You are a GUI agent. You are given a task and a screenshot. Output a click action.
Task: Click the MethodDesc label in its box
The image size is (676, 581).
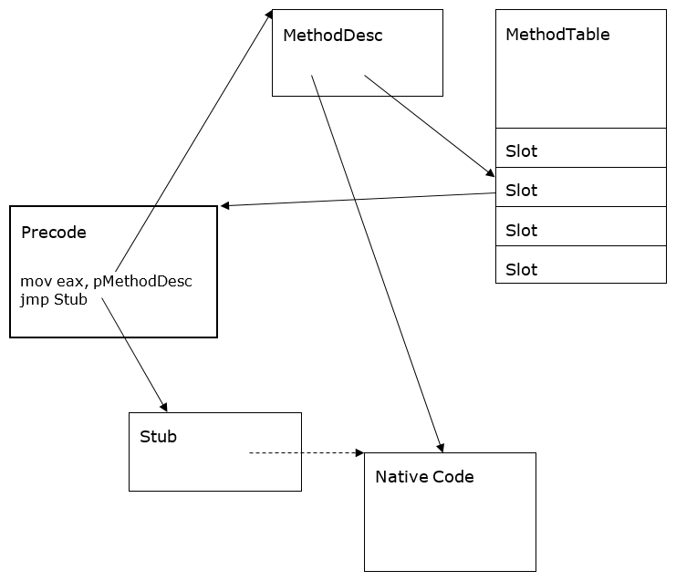pos(332,36)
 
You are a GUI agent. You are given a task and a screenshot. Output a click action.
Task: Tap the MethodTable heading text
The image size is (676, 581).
pos(557,35)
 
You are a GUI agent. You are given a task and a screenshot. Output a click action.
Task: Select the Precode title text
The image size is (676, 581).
pos(53,233)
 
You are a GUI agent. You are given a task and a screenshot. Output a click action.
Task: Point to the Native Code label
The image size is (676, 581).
pos(424,477)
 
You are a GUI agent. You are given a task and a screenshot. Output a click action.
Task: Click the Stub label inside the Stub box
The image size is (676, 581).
pos(158,437)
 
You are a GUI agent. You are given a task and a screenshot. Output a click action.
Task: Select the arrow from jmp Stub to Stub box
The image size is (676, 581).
pos(134,354)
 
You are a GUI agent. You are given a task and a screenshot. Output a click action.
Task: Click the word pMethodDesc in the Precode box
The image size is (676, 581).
pos(142,281)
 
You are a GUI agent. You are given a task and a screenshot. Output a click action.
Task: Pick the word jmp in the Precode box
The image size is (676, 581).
pos(35,299)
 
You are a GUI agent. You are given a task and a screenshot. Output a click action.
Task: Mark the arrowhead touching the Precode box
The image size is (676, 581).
pos(225,206)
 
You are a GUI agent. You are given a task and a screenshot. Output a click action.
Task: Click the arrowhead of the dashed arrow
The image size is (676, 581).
pos(359,452)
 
